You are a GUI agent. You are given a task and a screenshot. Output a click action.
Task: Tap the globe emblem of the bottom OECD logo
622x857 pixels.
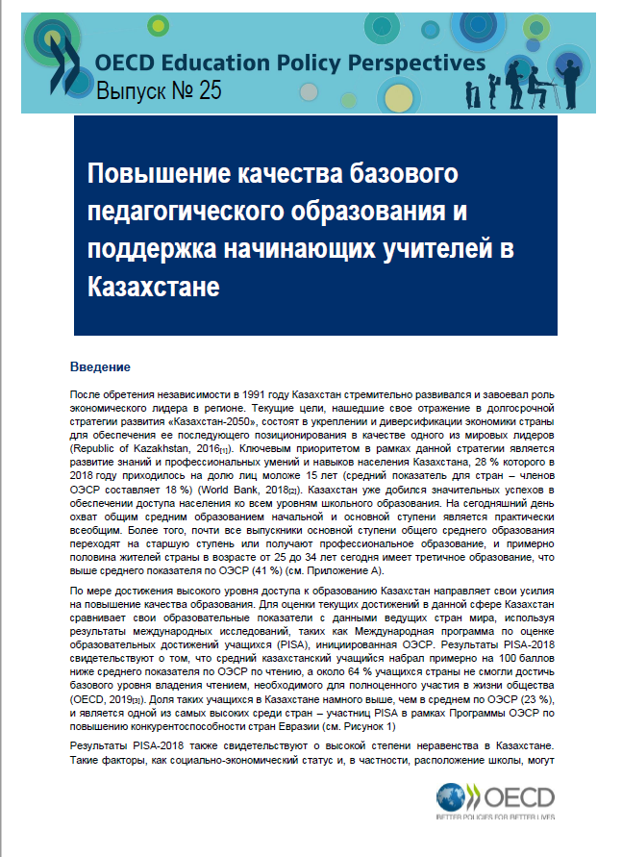coord(452,798)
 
